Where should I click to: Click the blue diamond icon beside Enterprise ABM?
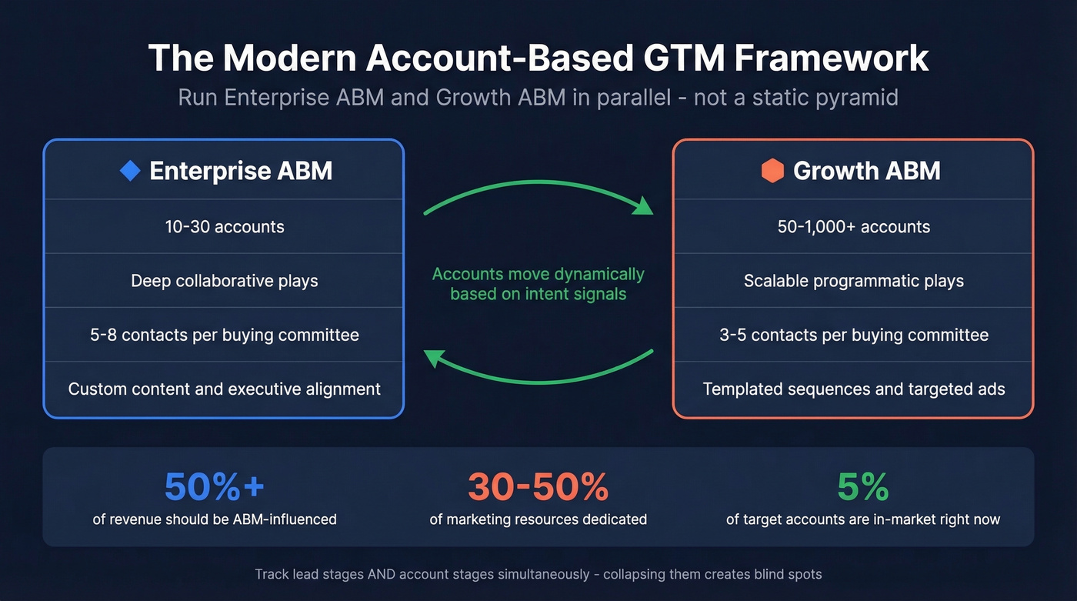pyautogui.click(x=131, y=171)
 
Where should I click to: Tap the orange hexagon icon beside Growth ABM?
pyautogui.click(x=772, y=171)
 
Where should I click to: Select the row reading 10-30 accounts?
pyautogui.click(x=224, y=227)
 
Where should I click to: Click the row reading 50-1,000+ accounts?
pyautogui.click(x=853, y=227)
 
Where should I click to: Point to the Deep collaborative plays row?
pyautogui.click(x=224, y=281)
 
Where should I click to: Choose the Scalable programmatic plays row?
pyautogui.click(x=853, y=281)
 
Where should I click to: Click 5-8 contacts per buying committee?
pyautogui.click(x=224, y=335)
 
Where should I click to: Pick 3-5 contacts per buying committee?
pyautogui.click(x=853, y=335)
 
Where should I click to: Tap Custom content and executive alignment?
pyautogui.click(x=224, y=389)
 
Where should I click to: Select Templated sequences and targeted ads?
pyautogui.click(x=853, y=389)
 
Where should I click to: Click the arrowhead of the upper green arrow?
pyautogui.click(x=642, y=206)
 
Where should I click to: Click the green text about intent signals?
pyautogui.click(x=538, y=284)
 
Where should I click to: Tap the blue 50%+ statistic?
pyautogui.click(x=214, y=486)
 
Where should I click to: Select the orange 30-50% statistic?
pyautogui.click(x=538, y=486)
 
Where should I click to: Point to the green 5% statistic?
pyautogui.click(x=862, y=486)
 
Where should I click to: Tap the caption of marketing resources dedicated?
pyautogui.click(x=538, y=519)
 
